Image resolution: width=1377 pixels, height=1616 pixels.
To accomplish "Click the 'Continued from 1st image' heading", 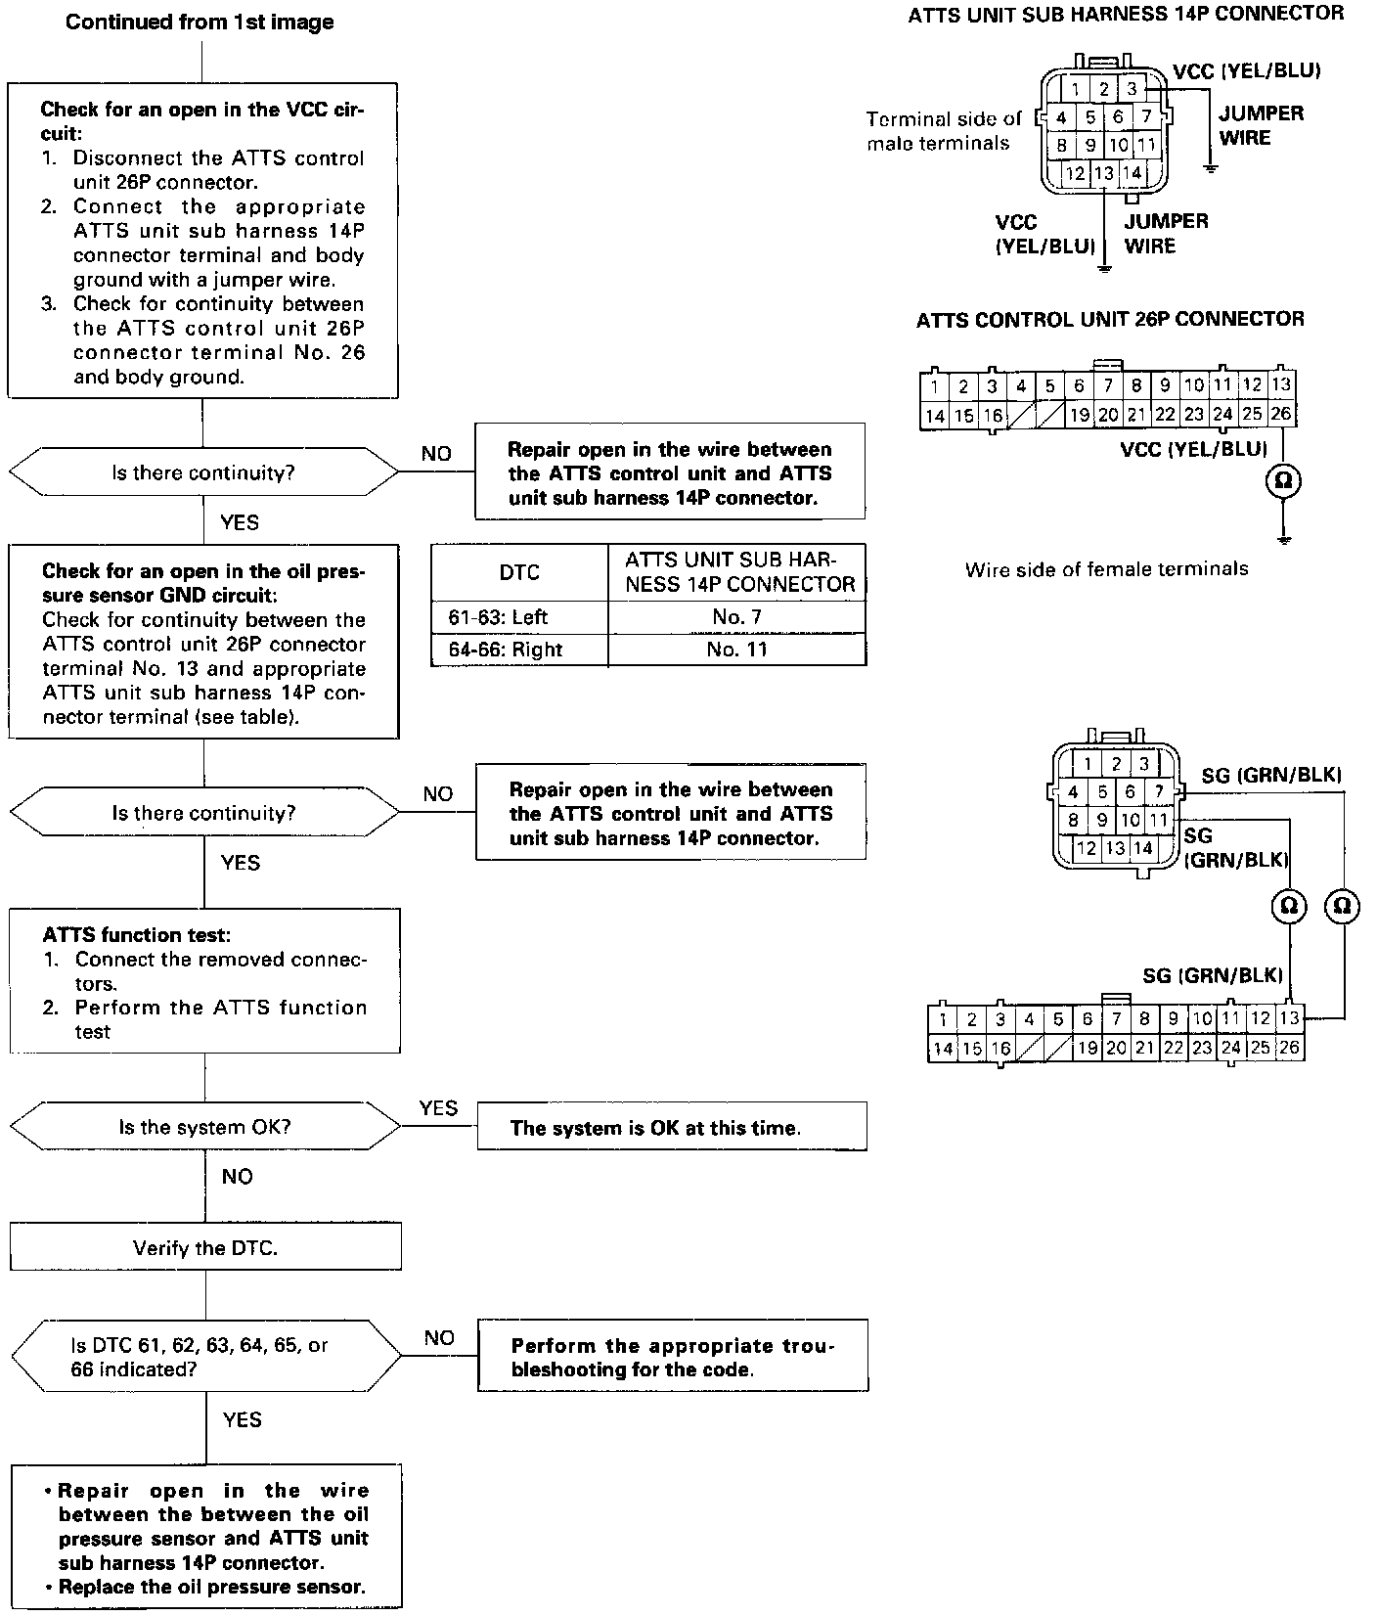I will (x=200, y=22).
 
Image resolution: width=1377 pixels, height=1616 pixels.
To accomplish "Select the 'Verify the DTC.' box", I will (x=205, y=1247).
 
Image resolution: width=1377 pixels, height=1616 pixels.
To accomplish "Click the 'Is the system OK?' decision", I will (x=204, y=1126).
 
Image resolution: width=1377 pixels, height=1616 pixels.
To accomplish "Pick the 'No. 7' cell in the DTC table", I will (x=736, y=617).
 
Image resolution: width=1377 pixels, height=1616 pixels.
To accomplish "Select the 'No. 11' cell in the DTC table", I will (x=736, y=650).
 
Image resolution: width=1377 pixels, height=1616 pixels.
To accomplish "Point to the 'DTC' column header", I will (x=518, y=572).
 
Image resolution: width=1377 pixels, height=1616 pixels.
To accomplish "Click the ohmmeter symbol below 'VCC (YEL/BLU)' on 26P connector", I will (x=1282, y=480).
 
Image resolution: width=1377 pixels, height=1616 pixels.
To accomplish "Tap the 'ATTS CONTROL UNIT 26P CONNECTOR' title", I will (x=1109, y=320).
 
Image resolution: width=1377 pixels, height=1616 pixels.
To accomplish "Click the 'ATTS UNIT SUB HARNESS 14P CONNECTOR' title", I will (x=1126, y=14).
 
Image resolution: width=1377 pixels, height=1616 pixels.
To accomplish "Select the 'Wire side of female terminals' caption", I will (x=1106, y=569).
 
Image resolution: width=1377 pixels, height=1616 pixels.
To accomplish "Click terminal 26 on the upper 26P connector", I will (x=1280, y=414).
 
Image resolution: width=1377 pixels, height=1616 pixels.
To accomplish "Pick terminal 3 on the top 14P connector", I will (x=1131, y=89).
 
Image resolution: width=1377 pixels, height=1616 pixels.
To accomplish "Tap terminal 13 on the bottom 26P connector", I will (x=1289, y=1018).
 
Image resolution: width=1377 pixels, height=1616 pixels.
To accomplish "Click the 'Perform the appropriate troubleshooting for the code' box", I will (x=673, y=1357).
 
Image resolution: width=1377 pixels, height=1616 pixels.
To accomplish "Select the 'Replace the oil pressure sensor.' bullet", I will (x=211, y=1587).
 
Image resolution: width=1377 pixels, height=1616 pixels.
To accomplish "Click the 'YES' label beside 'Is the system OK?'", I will (x=438, y=1107).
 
